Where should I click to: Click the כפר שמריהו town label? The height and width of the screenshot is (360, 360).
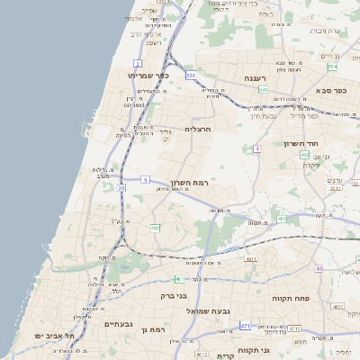[x=149, y=76]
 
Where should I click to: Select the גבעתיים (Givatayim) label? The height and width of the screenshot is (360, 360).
[x=119, y=324]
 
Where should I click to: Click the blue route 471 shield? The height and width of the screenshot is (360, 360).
[x=246, y=325]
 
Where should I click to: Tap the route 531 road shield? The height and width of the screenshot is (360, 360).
[x=191, y=76]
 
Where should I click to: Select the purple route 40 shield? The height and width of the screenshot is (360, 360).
[x=319, y=269]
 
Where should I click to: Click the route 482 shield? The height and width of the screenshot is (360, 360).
[x=155, y=229]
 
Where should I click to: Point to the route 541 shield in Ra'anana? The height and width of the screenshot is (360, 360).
[x=264, y=90]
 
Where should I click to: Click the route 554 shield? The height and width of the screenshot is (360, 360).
[x=332, y=66]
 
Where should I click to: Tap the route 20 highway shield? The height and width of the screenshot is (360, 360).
[x=121, y=188]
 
